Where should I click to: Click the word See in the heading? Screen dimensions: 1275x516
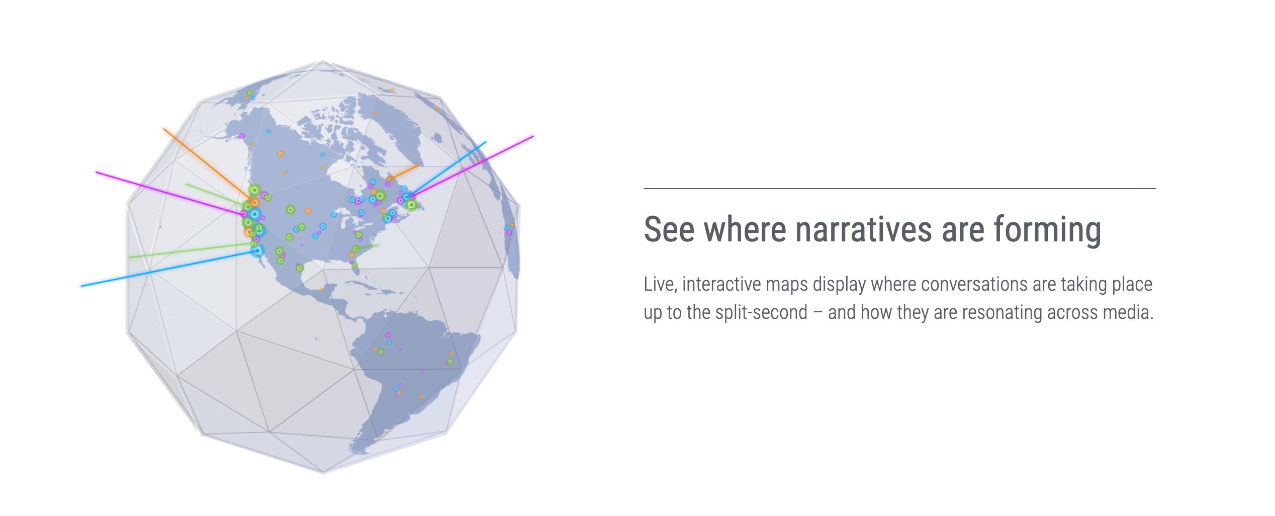point(668,229)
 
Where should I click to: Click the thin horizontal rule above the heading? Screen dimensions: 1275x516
point(900,189)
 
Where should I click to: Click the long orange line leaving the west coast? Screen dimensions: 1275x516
point(209,165)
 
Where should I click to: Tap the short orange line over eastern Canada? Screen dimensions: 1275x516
point(404,172)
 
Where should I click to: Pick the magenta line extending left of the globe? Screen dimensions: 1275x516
point(169,194)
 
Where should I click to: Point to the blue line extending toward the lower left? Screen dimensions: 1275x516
point(169,268)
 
